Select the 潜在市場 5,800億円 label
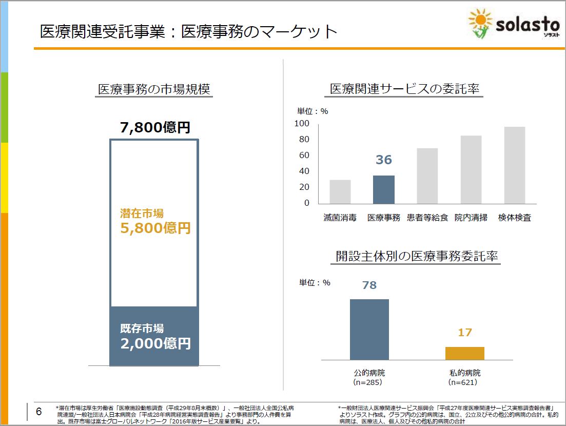click(x=155, y=221)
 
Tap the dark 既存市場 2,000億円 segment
click(x=154, y=336)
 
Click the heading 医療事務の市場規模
click(x=154, y=89)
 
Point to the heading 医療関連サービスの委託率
click(x=404, y=89)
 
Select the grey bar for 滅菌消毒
click(x=340, y=191)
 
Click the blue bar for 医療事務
click(x=383, y=189)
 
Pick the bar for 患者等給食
click(x=427, y=176)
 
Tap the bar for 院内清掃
click(x=471, y=169)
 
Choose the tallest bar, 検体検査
click(x=514, y=165)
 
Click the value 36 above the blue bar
click(x=383, y=160)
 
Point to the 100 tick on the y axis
click(x=302, y=123)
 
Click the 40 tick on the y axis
click(x=303, y=171)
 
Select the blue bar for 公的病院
click(x=369, y=330)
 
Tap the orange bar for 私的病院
click(x=464, y=353)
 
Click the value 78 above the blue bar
click(x=369, y=285)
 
